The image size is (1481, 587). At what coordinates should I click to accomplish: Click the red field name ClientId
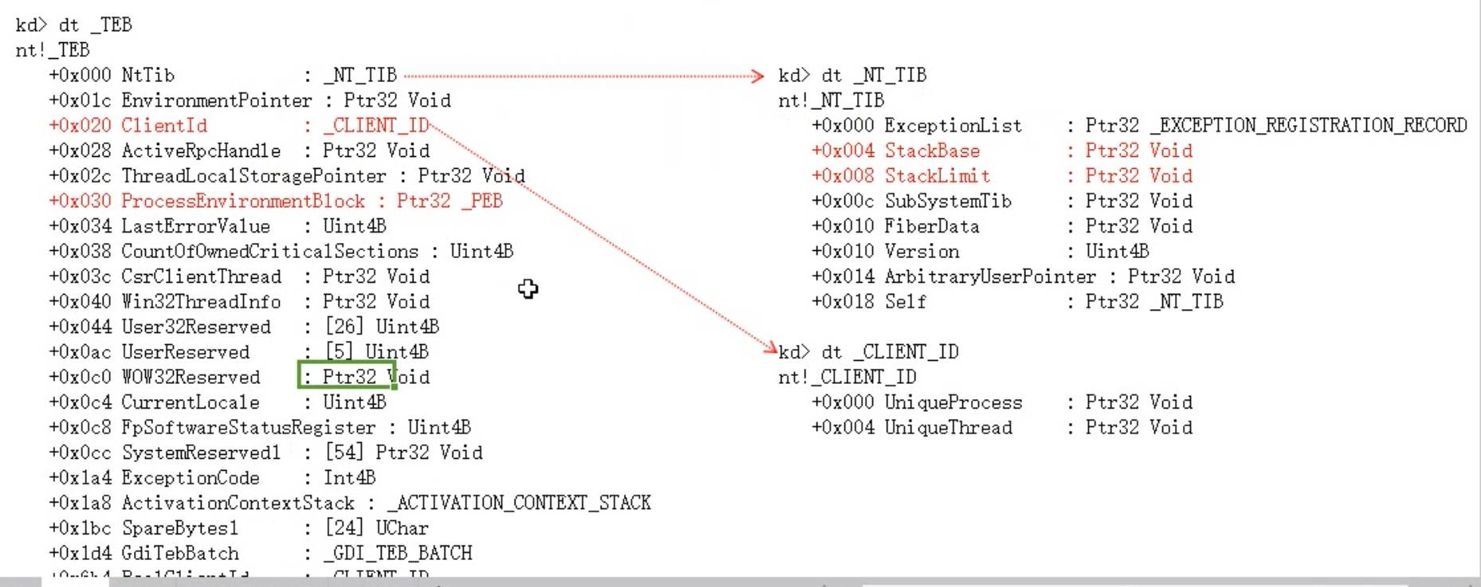(164, 126)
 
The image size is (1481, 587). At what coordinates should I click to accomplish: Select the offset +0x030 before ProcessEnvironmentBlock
(80, 201)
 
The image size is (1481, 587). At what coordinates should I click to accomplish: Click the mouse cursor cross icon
(528, 288)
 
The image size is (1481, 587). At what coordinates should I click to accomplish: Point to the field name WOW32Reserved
(190, 377)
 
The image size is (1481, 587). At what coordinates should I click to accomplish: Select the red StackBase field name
(932, 151)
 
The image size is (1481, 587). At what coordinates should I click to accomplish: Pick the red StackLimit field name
(937, 176)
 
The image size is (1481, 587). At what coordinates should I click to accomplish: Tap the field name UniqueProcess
(953, 402)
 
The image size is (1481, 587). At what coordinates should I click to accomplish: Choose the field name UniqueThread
(948, 428)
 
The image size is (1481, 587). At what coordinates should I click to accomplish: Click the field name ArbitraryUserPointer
(990, 276)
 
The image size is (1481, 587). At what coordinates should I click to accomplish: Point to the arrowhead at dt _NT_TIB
(758, 76)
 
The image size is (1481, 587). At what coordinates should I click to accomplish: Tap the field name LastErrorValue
(195, 226)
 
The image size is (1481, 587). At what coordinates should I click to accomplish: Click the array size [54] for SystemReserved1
(344, 452)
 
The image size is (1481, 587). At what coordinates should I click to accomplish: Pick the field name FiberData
(931, 226)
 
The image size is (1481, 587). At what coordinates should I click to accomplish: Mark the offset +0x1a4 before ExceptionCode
(80, 478)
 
